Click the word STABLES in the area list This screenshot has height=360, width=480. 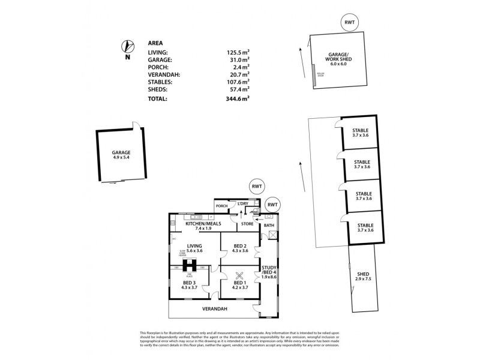click(x=160, y=82)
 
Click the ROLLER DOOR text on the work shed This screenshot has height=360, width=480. click(x=320, y=76)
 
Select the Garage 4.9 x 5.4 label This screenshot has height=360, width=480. click(x=121, y=155)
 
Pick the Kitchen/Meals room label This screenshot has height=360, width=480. click(x=201, y=226)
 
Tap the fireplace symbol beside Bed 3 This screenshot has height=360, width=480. click(x=191, y=264)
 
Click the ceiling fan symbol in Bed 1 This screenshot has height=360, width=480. click(x=239, y=277)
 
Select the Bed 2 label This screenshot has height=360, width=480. click(x=239, y=248)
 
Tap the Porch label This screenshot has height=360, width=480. click(x=221, y=206)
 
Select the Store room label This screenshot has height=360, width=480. click(x=247, y=224)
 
